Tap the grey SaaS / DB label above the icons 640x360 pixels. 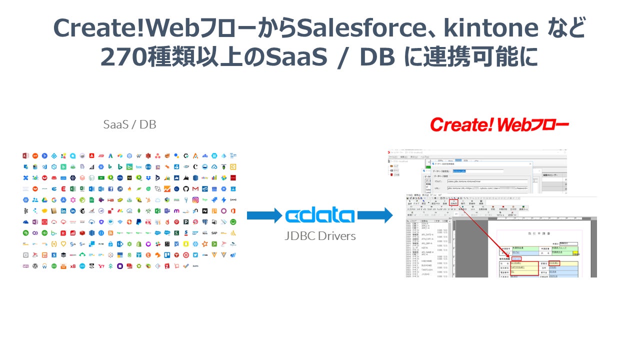pyautogui.click(x=129, y=124)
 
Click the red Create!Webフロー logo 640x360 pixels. pyautogui.click(x=499, y=124)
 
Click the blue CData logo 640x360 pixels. pyautogui.click(x=320, y=216)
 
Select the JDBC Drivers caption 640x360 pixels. pyautogui.click(x=320, y=236)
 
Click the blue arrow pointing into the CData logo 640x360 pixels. pyautogui.click(x=264, y=216)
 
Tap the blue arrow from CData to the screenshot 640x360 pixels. pyautogui.click(x=375, y=216)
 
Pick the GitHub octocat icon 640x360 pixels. pyautogui.click(x=186, y=189)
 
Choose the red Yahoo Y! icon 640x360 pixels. pyautogui.click(x=101, y=266)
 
